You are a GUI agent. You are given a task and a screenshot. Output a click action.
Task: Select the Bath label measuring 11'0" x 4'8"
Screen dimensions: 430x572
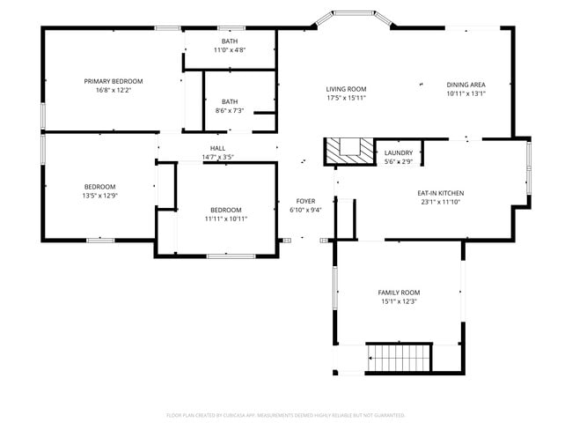229,41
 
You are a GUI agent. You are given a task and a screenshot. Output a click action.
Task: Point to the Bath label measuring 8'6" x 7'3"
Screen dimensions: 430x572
229,101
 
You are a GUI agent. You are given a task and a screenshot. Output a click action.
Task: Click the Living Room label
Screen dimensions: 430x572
346,89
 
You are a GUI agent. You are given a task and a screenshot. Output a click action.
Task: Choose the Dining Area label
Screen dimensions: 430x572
466,85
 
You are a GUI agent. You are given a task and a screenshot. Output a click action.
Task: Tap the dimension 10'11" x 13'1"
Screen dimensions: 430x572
466,94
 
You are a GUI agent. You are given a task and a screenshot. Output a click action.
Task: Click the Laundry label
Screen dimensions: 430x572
399,153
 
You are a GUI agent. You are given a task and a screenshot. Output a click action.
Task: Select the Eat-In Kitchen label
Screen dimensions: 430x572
440,193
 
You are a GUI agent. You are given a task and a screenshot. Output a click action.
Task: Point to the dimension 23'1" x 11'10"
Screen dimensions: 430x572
440,203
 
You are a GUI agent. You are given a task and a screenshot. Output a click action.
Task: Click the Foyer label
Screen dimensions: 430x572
305,201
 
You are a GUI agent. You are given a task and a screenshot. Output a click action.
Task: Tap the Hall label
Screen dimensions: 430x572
217,148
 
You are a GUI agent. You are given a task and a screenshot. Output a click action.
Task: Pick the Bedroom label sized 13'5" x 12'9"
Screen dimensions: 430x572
99,187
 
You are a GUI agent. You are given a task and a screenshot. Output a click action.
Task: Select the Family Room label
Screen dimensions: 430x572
399,293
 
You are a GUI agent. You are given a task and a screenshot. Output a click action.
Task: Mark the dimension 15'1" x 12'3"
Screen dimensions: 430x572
399,302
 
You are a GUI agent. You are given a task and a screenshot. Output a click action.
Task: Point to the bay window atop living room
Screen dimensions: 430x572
351,14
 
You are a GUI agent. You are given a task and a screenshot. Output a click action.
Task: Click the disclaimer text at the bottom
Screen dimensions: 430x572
285,414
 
